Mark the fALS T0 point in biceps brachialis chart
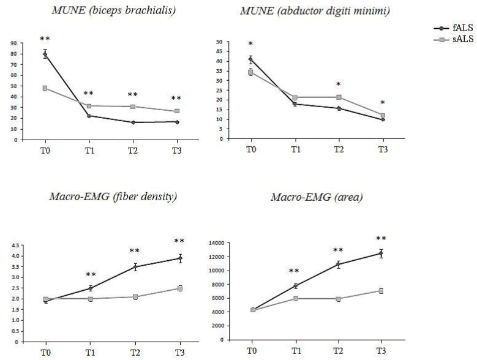[x=45, y=54]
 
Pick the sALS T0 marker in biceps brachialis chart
[x=45, y=88]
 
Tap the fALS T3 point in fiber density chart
[x=179, y=258]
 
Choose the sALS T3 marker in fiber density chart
[x=179, y=288]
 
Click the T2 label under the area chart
[x=337, y=351]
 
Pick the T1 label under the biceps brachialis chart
[x=89, y=149]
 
